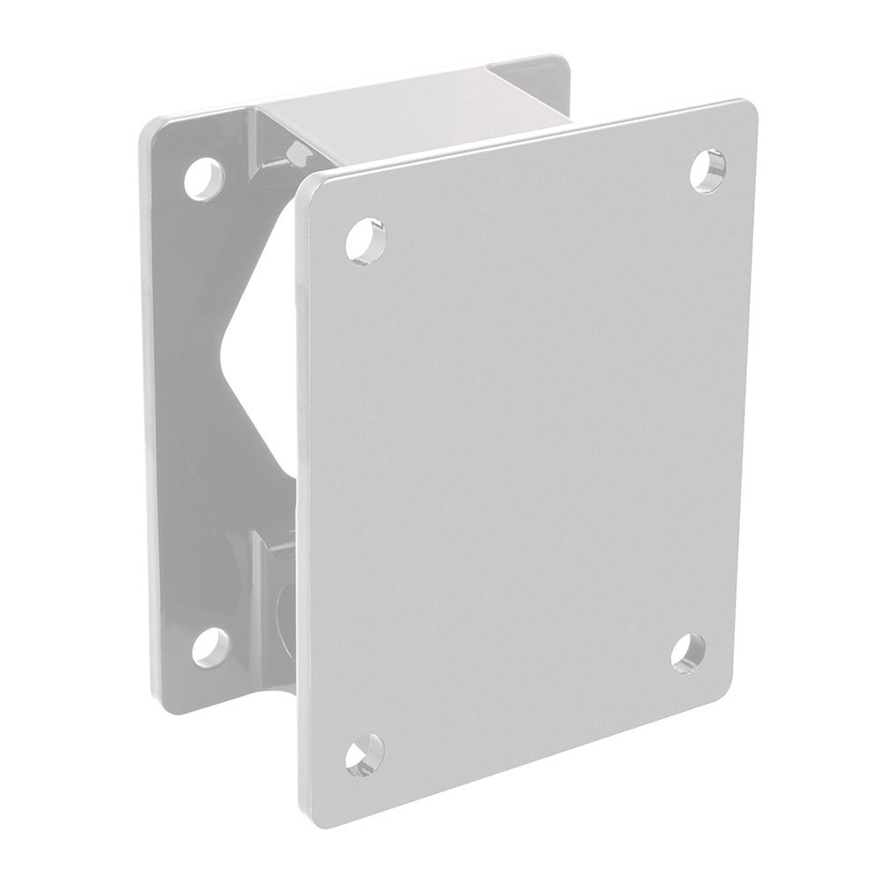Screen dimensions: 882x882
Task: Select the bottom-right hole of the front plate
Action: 687,654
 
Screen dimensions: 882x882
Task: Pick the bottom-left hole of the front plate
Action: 363,756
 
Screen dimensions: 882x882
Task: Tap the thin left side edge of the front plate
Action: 303,494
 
